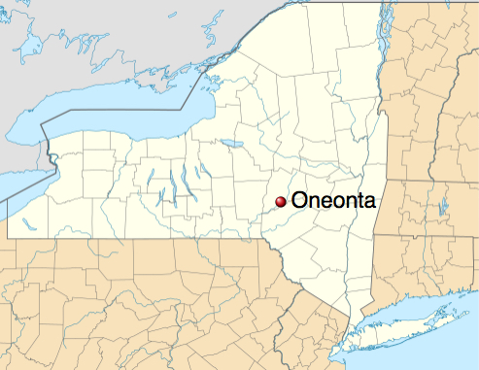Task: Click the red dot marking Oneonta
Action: click(281, 201)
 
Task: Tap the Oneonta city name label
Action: click(332, 202)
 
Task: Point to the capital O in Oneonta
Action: click(299, 202)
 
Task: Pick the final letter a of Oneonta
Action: click(367, 203)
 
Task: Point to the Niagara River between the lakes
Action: click(48, 155)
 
